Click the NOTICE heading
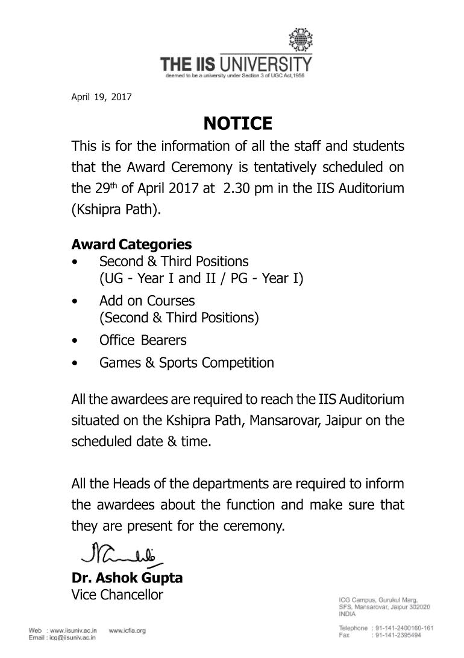click(237, 124)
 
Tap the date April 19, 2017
click(101, 97)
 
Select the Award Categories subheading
click(131, 244)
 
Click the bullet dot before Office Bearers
click(74, 340)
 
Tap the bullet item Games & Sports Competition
click(186, 363)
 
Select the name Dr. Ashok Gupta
click(127, 578)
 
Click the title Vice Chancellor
click(117, 595)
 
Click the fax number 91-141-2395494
click(398, 635)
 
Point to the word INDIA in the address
click(347, 613)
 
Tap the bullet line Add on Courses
click(147, 301)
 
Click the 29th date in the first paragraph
click(104, 188)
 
